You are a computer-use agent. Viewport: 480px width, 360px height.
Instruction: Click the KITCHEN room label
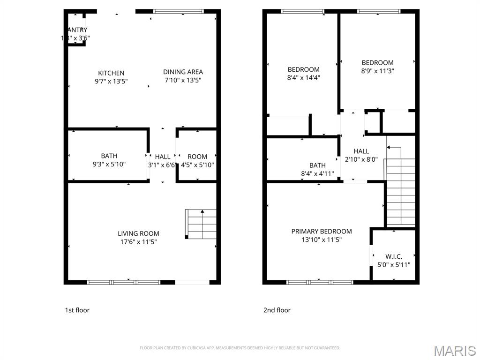111,73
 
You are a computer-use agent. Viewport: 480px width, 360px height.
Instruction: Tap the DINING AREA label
183,72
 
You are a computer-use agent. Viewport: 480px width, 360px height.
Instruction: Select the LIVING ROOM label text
138,233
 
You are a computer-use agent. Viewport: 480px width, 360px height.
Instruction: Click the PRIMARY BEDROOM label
322,231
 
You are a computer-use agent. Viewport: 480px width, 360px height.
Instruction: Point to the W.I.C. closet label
394,256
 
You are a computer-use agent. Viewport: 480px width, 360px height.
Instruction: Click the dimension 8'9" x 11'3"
377,71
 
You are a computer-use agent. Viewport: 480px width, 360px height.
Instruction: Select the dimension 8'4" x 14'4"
304,78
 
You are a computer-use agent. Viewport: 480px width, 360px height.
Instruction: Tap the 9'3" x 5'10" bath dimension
109,165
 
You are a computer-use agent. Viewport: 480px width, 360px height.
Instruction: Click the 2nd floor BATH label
317,165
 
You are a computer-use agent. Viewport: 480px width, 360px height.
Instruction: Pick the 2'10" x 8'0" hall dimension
361,159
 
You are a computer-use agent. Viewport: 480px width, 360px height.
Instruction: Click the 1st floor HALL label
163,157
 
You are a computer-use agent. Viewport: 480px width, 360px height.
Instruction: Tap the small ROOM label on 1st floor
197,157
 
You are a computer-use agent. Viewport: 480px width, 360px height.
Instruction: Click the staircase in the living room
202,224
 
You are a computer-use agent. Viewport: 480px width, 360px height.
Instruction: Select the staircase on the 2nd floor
400,192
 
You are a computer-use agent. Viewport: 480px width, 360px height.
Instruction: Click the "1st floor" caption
77,310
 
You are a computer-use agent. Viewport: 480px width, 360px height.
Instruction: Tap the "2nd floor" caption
277,310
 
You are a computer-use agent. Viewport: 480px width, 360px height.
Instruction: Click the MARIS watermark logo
454,351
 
